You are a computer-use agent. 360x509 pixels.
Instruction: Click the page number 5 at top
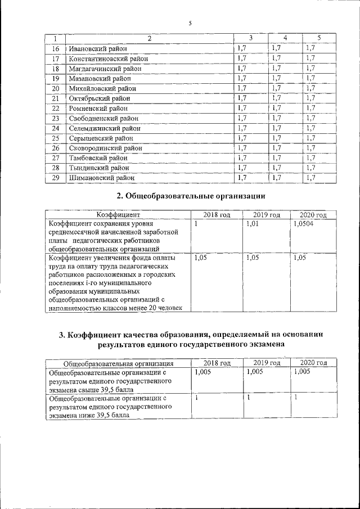click(x=190, y=23)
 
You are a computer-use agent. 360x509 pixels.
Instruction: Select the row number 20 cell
click(x=56, y=88)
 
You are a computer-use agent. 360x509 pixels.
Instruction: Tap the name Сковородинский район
click(x=105, y=148)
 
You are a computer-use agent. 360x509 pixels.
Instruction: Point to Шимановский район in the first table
click(x=102, y=178)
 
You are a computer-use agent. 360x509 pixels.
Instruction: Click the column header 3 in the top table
click(x=250, y=38)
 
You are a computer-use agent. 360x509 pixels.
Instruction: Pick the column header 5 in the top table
click(x=319, y=38)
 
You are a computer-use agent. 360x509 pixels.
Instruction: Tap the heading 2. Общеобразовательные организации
click(x=190, y=196)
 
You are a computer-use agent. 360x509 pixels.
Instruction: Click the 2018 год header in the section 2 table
click(x=217, y=215)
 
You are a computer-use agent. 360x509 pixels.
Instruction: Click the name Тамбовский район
click(x=98, y=158)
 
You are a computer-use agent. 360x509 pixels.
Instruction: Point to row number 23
click(x=56, y=118)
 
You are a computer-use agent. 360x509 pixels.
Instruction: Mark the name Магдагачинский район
click(x=105, y=69)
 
